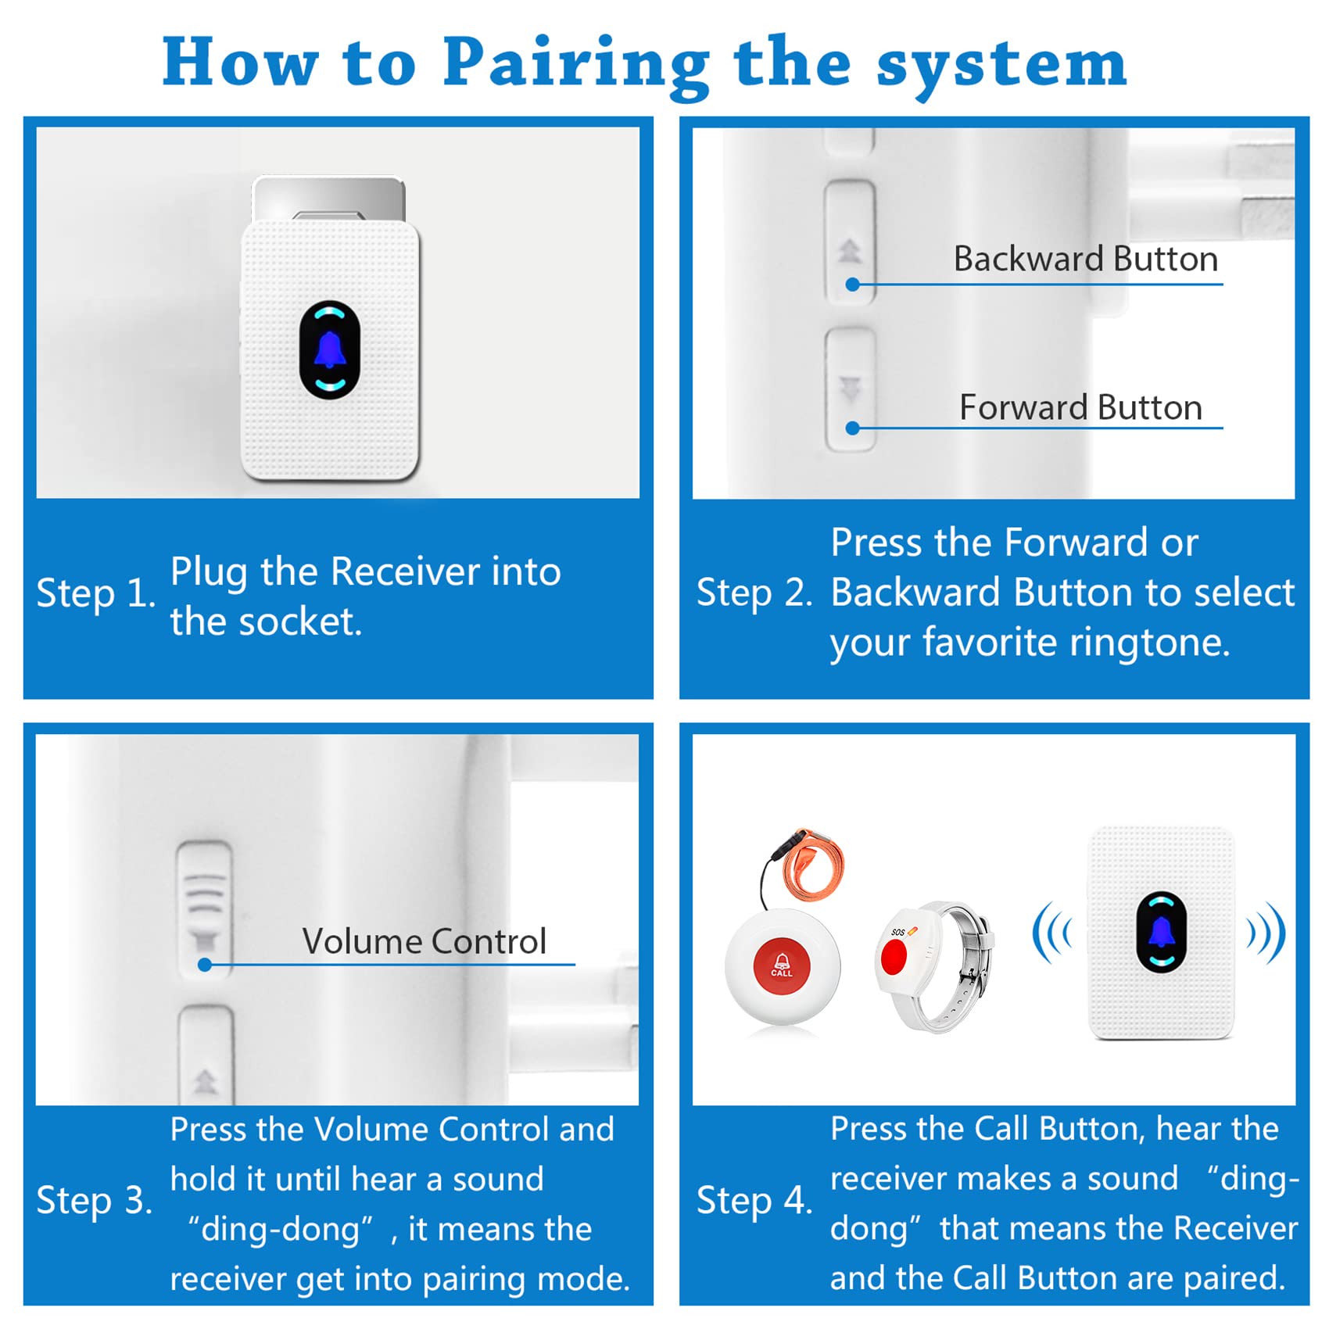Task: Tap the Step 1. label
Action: pos(95,593)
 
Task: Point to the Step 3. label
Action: pos(94,1200)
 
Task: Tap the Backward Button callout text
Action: pos(1085,259)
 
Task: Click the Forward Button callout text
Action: pos(1080,407)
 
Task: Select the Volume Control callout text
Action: pos(424,941)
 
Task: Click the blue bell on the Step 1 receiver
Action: pos(330,350)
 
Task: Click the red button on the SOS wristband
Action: pos(894,956)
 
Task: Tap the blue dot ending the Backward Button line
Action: pos(853,285)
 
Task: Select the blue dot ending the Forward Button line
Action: pos(853,428)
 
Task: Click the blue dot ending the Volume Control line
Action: pos(205,965)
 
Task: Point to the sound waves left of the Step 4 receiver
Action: pos(1051,932)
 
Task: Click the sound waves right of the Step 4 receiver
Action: pos(1266,932)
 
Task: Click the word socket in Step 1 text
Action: pos(299,622)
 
